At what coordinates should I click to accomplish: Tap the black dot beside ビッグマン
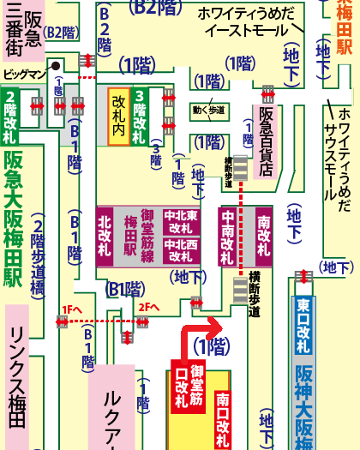point(56,64)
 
